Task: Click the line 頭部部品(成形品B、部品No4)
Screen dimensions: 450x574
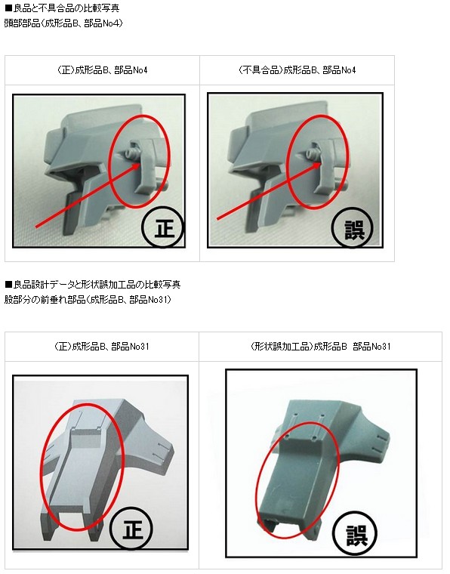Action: click(x=63, y=23)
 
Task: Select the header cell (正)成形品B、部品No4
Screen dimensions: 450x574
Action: click(x=103, y=70)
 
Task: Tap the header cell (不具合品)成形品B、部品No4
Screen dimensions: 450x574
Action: click(x=297, y=70)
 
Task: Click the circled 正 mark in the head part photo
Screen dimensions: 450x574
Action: click(x=164, y=227)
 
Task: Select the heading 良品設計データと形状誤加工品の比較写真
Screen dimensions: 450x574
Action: click(x=93, y=285)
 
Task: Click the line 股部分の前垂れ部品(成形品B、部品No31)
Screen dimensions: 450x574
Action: click(x=88, y=300)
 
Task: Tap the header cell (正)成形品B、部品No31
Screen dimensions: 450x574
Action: click(x=102, y=347)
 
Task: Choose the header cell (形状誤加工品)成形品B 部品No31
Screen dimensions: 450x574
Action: click(x=320, y=347)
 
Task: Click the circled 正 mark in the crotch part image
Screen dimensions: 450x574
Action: click(x=131, y=529)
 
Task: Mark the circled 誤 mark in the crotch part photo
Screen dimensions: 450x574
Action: click(x=356, y=535)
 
